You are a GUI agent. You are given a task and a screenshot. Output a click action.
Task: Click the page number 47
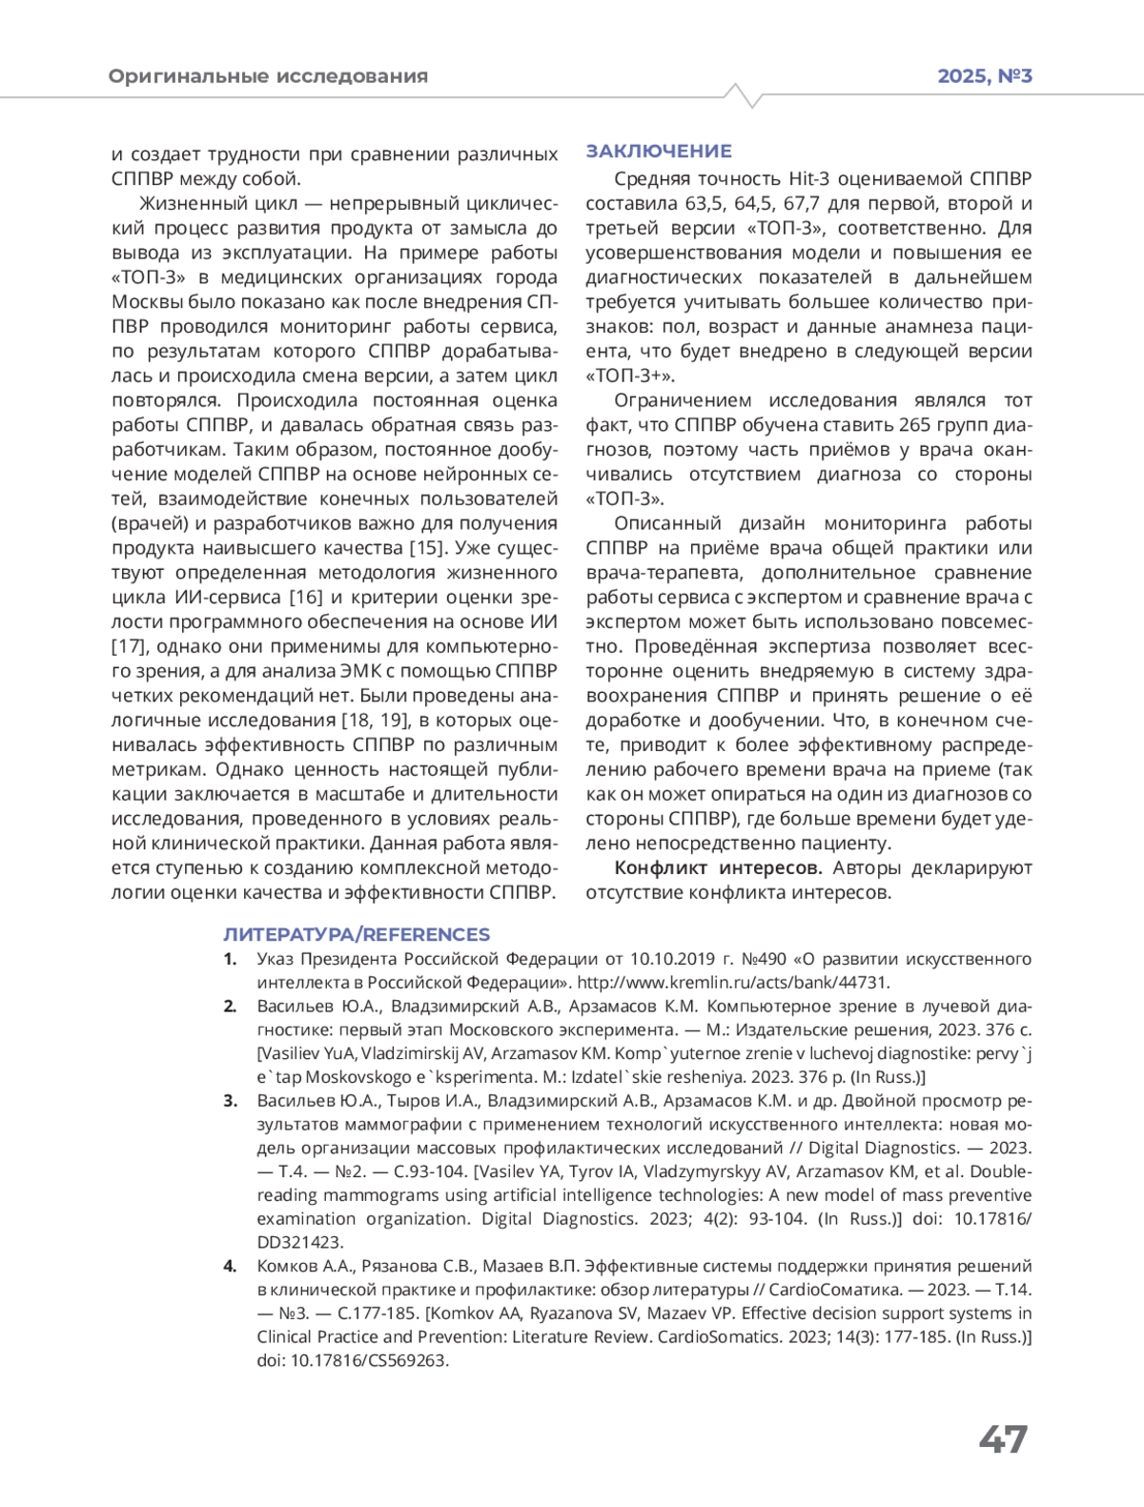click(1003, 1438)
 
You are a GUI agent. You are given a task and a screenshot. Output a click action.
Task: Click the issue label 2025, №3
click(985, 76)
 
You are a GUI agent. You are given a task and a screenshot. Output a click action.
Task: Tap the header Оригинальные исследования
click(268, 76)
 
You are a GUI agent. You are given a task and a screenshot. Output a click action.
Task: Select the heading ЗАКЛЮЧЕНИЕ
click(659, 151)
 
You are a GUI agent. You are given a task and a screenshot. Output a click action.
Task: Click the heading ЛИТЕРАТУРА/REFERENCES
click(357, 934)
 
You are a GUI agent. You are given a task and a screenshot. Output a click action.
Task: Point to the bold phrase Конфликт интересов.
click(718, 868)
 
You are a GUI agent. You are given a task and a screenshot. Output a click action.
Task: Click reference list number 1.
click(230, 959)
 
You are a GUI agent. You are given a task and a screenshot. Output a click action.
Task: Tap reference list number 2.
click(230, 1007)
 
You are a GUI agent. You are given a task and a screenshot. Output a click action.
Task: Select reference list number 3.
click(230, 1101)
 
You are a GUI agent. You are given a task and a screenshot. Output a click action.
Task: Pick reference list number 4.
click(230, 1267)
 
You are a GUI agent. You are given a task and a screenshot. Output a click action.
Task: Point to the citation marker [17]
click(130, 647)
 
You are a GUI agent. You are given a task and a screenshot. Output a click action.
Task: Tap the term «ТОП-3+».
click(629, 376)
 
